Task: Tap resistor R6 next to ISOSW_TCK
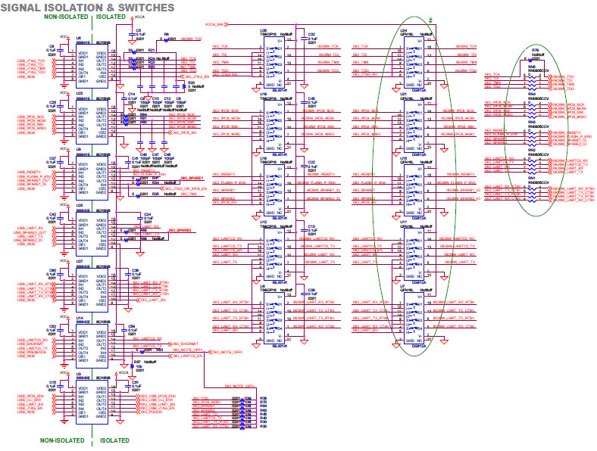point(166,34)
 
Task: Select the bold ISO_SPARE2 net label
point(171,230)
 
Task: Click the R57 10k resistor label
point(136,362)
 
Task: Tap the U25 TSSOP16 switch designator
point(264,30)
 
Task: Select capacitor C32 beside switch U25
point(311,33)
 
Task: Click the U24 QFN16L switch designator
point(403,30)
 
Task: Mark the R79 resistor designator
point(535,50)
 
